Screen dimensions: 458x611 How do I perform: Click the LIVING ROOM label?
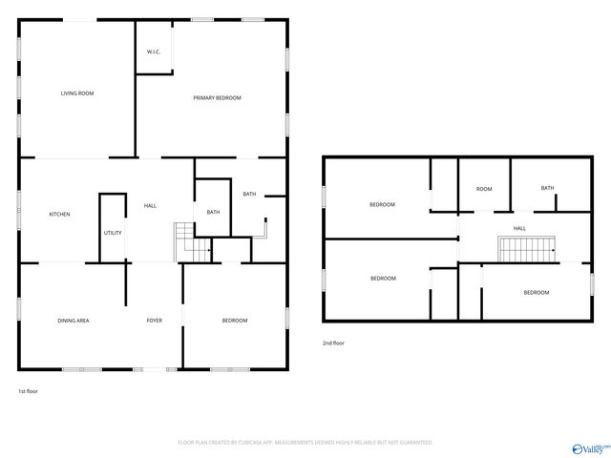[77, 94]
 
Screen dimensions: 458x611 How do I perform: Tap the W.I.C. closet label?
[153, 51]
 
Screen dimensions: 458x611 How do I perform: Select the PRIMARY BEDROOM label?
[217, 98]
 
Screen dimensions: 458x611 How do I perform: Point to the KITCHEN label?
[59, 214]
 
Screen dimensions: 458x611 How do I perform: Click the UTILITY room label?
[113, 233]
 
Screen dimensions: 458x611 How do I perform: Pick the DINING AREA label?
[74, 321]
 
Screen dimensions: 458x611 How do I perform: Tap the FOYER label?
[154, 321]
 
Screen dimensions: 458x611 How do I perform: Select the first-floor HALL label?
[150, 206]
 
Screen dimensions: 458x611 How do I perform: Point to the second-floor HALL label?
[519, 229]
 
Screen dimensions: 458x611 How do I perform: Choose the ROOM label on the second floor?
[484, 189]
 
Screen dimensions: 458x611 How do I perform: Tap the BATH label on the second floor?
[547, 188]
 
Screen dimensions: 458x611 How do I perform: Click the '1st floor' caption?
[29, 391]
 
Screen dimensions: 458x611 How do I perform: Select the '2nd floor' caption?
[334, 342]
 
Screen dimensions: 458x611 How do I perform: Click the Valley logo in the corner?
[589, 448]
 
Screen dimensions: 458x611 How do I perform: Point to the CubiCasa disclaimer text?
[305, 443]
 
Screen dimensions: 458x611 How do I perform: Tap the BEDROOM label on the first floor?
[235, 321]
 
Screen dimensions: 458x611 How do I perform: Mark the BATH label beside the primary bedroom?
[249, 195]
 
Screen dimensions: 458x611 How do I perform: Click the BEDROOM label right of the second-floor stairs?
[536, 293]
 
